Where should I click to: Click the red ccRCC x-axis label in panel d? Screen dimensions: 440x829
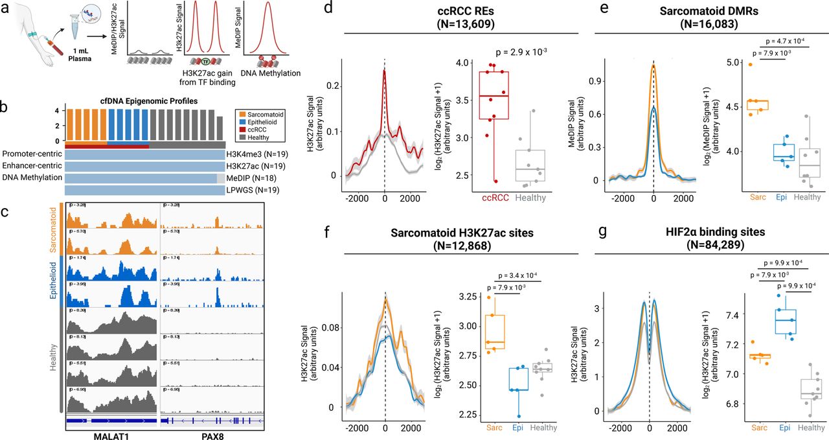490,198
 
